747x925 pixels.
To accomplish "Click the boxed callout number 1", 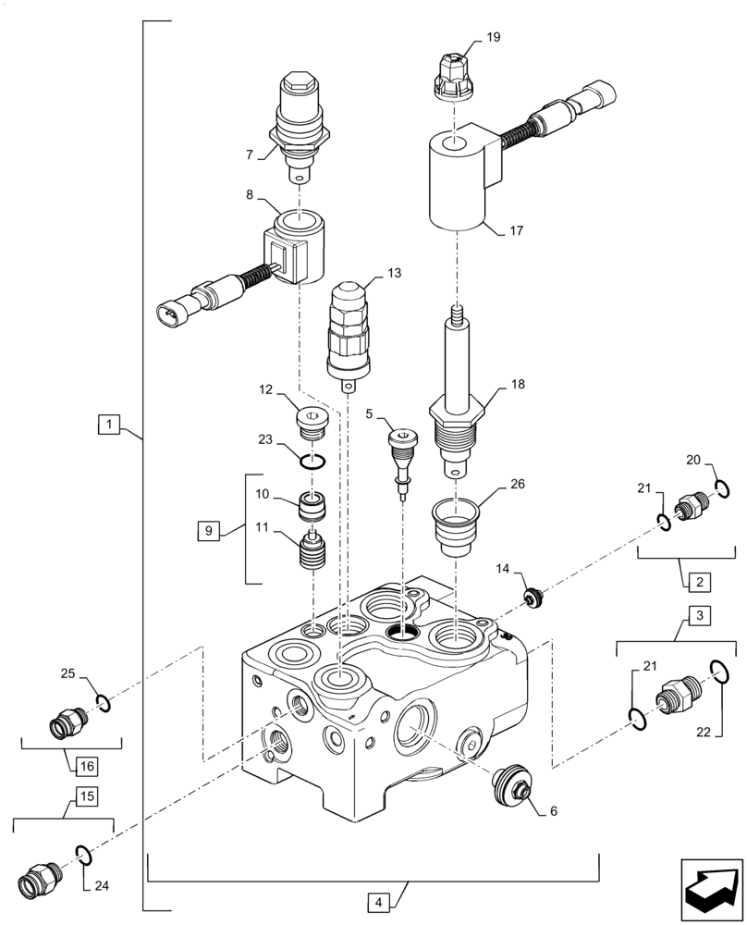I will [109, 425].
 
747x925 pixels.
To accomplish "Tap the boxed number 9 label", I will [208, 531].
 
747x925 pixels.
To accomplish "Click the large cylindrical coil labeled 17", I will [458, 180].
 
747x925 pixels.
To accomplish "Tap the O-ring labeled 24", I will [81, 856].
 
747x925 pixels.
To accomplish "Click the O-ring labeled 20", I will [723, 487].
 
